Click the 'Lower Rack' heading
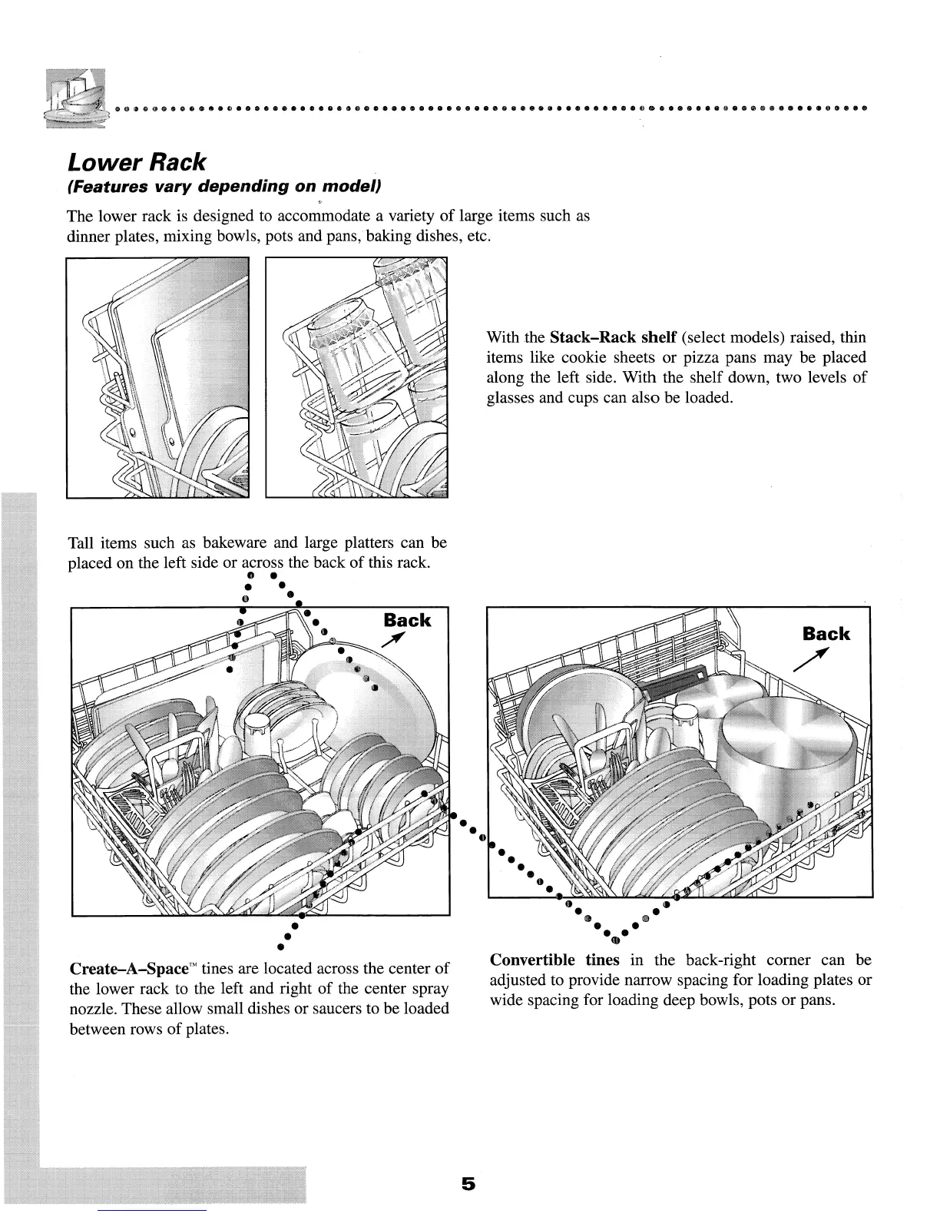point(137,162)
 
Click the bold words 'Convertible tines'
point(554,960)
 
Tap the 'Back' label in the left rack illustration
point(406,620)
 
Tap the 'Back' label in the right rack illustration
point(826,634)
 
